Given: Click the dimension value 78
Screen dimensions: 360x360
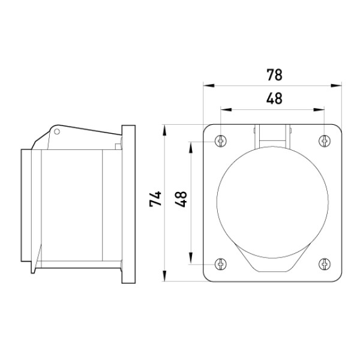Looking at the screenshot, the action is (x=274, y=75).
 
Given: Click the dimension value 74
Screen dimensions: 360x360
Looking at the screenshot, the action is (x=155, y=199).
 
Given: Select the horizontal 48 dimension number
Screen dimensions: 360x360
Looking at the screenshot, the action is (x=274, y=98).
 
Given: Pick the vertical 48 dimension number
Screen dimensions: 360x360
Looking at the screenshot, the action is (x=181, y=199).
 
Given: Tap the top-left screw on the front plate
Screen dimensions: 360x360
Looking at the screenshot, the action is (x=221, y=140).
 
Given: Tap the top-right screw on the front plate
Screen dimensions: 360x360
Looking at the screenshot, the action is (x=325, y=140).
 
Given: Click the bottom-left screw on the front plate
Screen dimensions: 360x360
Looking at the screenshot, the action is (x=221, y=264).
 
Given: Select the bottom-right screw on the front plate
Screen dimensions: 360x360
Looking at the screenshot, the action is (x=325, y=264).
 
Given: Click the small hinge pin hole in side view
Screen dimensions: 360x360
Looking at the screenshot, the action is (x=57, y=131).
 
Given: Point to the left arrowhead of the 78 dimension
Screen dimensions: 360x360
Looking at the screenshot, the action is (x=209, y=86).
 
